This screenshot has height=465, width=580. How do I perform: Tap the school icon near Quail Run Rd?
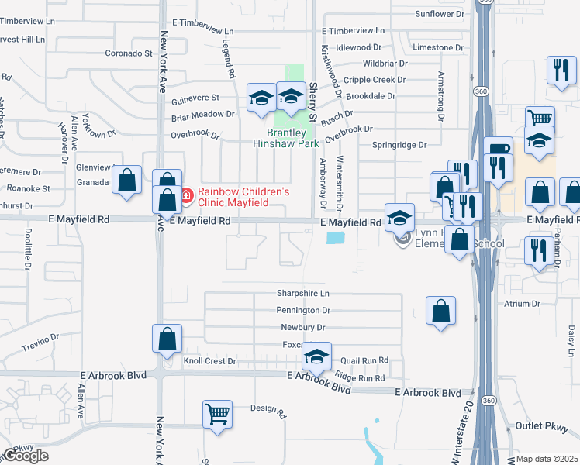[x=316, y=356]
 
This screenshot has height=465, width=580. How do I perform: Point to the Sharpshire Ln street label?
[x=303, y=294]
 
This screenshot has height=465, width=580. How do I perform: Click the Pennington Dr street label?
[x=304, y=310]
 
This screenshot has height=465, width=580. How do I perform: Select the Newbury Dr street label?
[x=301, y=327]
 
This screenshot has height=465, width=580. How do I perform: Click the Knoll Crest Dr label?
[x=209, y=361]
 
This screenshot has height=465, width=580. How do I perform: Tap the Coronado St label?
[x=129, y=53]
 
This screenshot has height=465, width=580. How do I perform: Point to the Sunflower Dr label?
[x=439, y=14]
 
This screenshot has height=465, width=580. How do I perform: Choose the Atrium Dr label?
[x=521, y=305]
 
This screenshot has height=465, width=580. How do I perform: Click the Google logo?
[x=26, y=456]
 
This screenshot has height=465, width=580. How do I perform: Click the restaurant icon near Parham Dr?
[x=536, y=250]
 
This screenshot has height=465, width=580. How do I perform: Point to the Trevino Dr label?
[x=41, y=343]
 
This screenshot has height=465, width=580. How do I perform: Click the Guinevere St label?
[x=195, y=98]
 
